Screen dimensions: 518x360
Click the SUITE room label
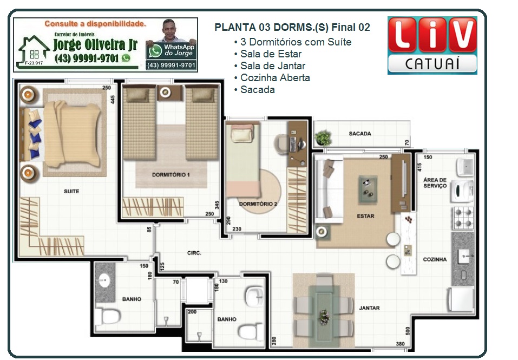(71, 191)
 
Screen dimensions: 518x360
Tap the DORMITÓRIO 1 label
(171, 175)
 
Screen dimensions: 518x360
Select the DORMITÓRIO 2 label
(258, 204)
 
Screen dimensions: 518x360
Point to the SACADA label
(360, 133)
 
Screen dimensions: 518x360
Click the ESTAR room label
(365, 216)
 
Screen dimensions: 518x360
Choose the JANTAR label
(369, 308)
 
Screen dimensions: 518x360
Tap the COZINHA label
(435, 260)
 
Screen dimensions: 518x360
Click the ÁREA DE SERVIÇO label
(435, 182)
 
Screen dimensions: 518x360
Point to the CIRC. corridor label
(194, 253)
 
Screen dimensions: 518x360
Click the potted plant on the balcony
(323, 138)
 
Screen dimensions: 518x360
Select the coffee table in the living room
(368, 188)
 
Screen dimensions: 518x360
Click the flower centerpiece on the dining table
(324, 317)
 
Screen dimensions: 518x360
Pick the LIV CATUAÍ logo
(432, 45)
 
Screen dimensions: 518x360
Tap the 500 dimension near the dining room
(408, 331)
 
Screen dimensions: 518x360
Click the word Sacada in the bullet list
(257, 89)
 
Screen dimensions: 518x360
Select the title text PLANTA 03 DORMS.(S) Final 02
(292, 27)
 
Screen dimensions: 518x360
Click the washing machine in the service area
(462, 191)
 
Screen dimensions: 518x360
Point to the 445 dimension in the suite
(113, 100)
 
